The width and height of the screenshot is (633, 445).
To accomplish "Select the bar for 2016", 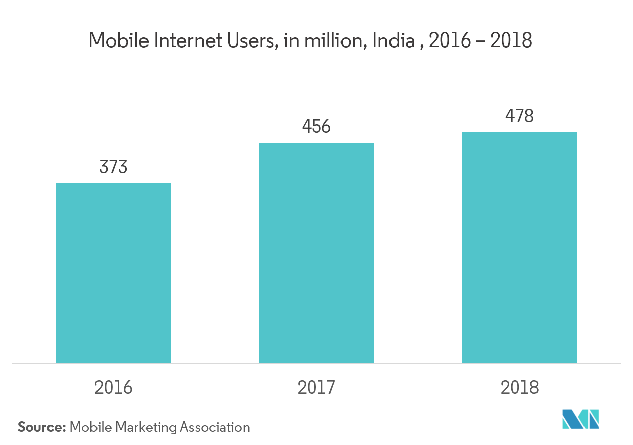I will (113, 273).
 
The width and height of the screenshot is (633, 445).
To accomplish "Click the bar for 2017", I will (316, 253).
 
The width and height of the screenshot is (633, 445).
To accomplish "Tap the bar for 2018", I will (519, 248).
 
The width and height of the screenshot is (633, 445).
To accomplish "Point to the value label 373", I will (113, 167).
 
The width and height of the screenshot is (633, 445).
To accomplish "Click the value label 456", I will (316, 127).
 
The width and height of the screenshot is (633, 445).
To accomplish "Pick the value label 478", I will (519, 116).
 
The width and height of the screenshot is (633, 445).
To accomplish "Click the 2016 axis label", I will (113, 387).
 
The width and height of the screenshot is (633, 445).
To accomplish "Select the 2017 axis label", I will (316, 387).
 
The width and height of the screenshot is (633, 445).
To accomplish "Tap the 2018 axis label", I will (519, 387).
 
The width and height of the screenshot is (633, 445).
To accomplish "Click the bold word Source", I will (41, 427).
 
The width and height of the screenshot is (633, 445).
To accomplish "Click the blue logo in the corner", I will (581, 419).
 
